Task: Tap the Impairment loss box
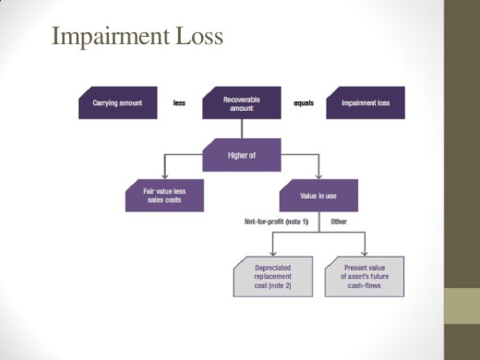click(366, 102)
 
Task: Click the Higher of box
click(242, 154)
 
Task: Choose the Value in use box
click(318, 195)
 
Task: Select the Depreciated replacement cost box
click(272, 276)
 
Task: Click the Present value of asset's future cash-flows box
click(365, 276)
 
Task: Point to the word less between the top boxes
click(179, 102)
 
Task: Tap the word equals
click(303, 102)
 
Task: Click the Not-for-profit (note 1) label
click(274, 222)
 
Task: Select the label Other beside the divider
click(338, 222)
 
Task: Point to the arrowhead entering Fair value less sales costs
click(165, 176)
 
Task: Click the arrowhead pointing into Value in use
click(318, 176)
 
